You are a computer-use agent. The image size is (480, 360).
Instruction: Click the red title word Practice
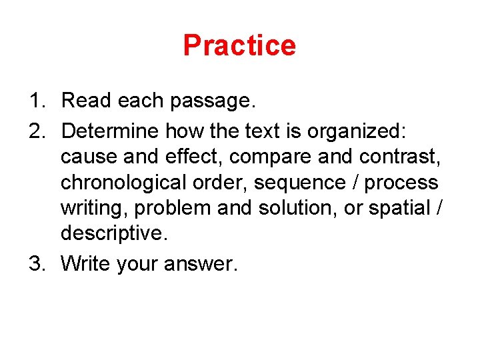pyautogui.click(x=239, y=45)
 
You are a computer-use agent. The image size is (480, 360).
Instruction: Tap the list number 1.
pyautogui.click(x=35, y=101)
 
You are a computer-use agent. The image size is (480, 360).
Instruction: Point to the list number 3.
pyautogui.click(x=35, y=264)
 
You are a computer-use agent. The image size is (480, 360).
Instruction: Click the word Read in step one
pyautogui.click(x=87, y=101)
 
